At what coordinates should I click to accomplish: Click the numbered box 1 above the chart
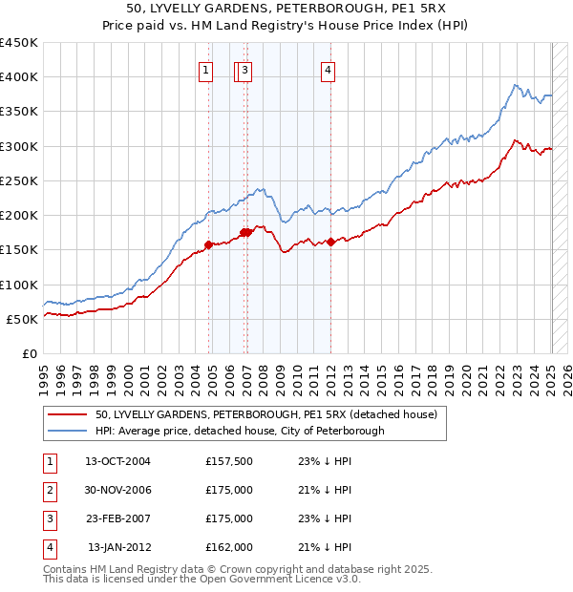pyautogui.click(x=206, y=69)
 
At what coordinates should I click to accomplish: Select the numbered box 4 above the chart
pyautogui.click(x=328, y=69)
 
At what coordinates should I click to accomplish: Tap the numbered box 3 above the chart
pyautogui.click(x=245, y=69)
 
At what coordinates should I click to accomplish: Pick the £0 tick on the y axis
pyautogui.click(x=29, y=354)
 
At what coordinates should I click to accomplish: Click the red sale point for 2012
pyautogui.click(x=331, y=242)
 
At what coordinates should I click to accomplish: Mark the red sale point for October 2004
pyautogui.click(x=209, y=244)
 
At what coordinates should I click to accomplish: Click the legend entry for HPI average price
pyautogui.click(x=239, y=431)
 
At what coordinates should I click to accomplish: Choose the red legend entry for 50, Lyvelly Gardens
pyautogui.click(x=265, y=414)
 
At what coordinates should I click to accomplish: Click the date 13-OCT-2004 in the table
pyautogui.click(x=117, y=461)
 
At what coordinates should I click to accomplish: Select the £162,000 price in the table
pyautogui.click(x=229, y=547)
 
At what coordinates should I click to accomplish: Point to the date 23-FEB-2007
pyautogui.click(x=117, y=518)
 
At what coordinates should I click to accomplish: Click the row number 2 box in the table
pyautogui.click(x=48, y=490)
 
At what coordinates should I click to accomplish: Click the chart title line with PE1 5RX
pyautogui.click(x=286, y=10)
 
